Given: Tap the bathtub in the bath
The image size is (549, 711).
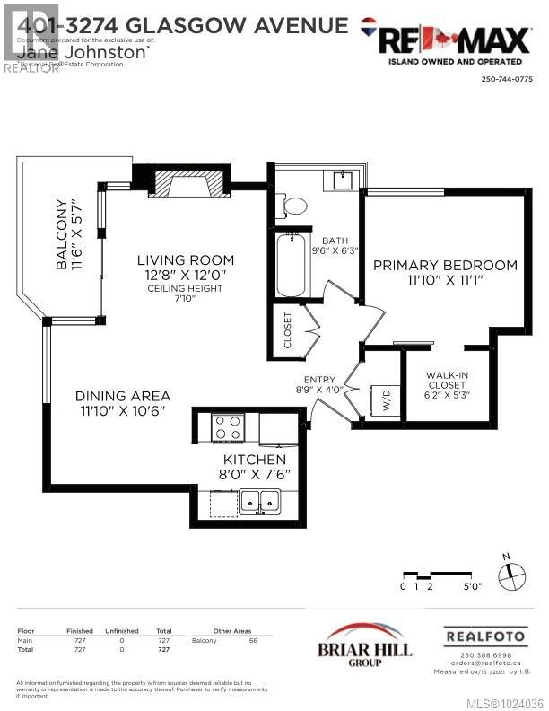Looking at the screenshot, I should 292,264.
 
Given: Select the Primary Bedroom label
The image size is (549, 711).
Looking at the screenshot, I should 445,265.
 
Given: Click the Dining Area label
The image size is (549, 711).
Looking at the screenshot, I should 123,395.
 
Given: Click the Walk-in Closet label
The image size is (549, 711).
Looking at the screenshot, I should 448,382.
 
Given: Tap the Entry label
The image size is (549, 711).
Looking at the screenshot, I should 320,380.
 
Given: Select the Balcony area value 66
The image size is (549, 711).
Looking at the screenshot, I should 253,641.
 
